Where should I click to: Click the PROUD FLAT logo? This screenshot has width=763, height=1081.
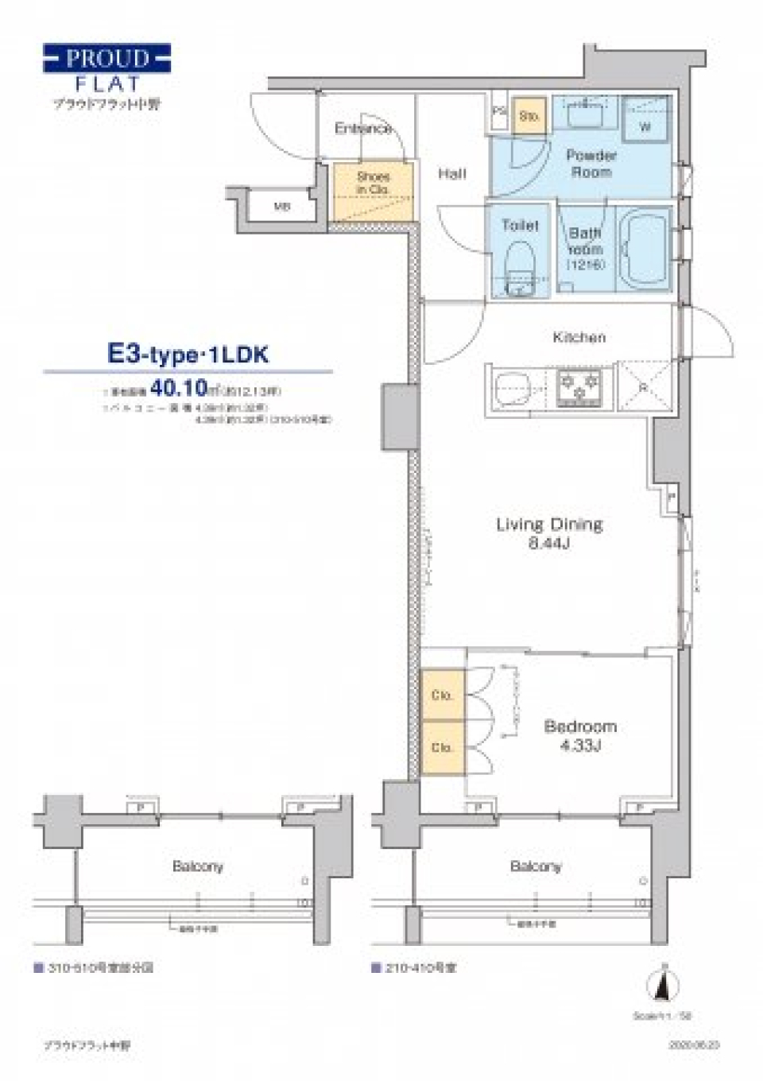[x=107, y=69]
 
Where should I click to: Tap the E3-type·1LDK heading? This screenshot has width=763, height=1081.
[x=188, y=354]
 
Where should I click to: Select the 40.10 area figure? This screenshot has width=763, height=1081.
[x=178, y=389]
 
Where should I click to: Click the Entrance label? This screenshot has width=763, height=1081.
[x=362, y=128]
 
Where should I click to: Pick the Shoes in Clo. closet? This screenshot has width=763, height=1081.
[x=373, y=191]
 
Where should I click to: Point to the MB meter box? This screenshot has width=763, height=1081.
[x=282, y=207]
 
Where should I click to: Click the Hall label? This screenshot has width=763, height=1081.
[x=451, y=173]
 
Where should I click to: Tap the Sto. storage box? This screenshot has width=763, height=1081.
[x=529, y=116]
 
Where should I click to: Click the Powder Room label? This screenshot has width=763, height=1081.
[x=591, y=163]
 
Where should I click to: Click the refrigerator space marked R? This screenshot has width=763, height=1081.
[x=645, y=386]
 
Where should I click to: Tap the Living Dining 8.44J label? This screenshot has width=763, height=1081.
[x=549, y=533]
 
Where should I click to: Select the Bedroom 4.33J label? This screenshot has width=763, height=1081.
[x=580, y=734]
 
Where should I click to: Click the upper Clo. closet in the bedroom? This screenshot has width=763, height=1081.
[x=442, y=695]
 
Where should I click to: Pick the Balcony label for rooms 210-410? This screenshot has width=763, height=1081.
[x=535, y=866]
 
